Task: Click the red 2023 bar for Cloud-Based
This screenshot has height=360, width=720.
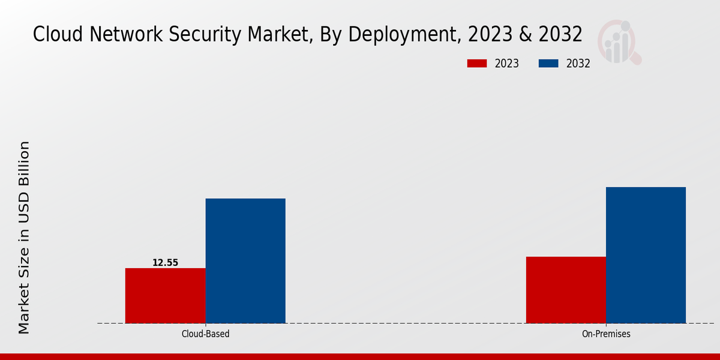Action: tap(165, 295)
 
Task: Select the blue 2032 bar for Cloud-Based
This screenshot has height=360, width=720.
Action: tap(245, 260)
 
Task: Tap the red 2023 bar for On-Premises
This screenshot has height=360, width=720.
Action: tap(566, 290)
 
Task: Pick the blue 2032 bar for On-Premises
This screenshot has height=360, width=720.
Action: tap(646, 255)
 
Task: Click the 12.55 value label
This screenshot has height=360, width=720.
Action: tap(165, 263)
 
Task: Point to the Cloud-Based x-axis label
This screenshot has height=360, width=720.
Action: tap(205, 334)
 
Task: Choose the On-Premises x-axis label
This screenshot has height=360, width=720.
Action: tap(606, 334)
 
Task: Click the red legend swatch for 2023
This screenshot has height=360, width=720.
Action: tap(477, 64)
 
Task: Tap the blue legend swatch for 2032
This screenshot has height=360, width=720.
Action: tap(549, 64)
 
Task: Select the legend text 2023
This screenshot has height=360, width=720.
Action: tap(507, 64)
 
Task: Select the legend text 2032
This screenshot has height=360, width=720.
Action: tap(578, 64)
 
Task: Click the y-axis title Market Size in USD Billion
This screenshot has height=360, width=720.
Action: tap(24, 237)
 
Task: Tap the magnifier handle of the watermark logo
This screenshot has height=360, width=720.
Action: tap(635, 58)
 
